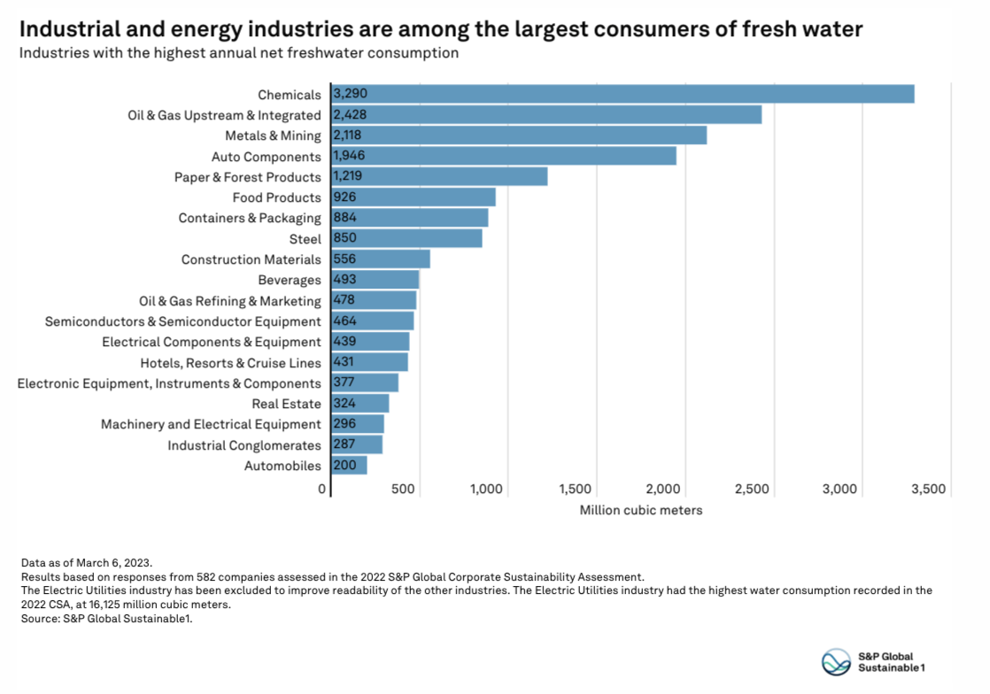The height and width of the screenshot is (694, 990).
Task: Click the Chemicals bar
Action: click(x=623, y=95)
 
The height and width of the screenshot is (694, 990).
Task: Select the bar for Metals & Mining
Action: click(x=519, y=135)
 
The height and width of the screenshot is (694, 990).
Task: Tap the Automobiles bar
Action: click(x=349, y=466)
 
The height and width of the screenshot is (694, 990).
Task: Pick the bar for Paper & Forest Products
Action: click(x=439, y=177)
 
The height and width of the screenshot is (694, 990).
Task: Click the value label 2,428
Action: click(x=350, y=115)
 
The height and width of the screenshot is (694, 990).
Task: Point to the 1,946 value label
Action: click(x=350, y=156)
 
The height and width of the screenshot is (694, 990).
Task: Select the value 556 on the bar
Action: click(x=345, y=259)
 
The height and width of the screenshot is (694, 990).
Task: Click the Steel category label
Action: click(x=305, y=239)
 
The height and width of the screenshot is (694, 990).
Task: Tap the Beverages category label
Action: click(x=290, y=281)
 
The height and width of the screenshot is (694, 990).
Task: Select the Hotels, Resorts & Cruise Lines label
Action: click(x=230, y=363)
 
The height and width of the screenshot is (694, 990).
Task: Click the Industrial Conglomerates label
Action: click(x=244, y=445)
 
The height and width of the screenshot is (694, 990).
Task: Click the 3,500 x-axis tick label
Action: click(x=928, y=490)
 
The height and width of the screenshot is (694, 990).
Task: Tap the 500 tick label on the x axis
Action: click(x=403, y=490)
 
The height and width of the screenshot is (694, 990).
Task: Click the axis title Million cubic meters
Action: click(x=641, y=511)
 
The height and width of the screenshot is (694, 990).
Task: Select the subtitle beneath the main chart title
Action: click(x=239, y=53)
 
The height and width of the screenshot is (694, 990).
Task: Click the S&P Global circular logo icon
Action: click(x=837, y=661)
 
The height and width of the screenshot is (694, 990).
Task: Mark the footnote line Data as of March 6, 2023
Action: click(x=86, y=563)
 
